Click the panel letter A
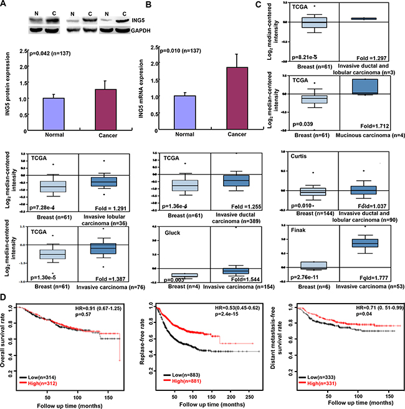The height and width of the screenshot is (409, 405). pyautogui.click(x=4, y=5)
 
